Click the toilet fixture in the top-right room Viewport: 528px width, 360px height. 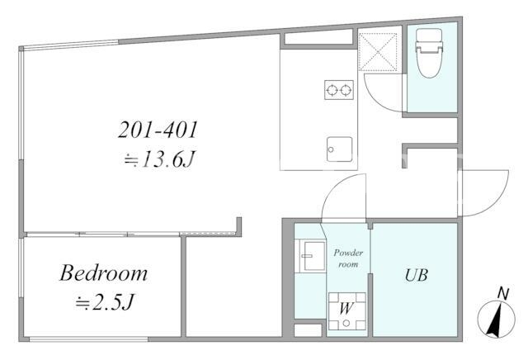(x=429, y=54)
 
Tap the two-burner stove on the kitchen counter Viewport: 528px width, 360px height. (x=339, y=90)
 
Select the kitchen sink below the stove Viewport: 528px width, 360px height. (x=339, y=149)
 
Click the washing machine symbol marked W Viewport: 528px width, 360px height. (x=346, y=311)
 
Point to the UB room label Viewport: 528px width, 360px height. (x=416, y=275)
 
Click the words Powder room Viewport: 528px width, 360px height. (x=348, y=258)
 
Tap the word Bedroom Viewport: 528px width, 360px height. (x=103, y=272)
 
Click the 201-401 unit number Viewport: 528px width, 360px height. (x=158, y=130)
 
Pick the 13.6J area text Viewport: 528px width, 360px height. (x=159, y=159)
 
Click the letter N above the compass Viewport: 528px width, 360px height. (x=503, y=294)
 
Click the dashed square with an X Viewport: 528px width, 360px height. (x=378, y=52)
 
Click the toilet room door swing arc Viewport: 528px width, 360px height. (x=377, y=99)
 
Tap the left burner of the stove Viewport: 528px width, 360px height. (x=332, y=90)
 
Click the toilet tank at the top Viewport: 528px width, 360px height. (x=429, y=37)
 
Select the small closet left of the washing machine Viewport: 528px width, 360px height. (x=308, y=330)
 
